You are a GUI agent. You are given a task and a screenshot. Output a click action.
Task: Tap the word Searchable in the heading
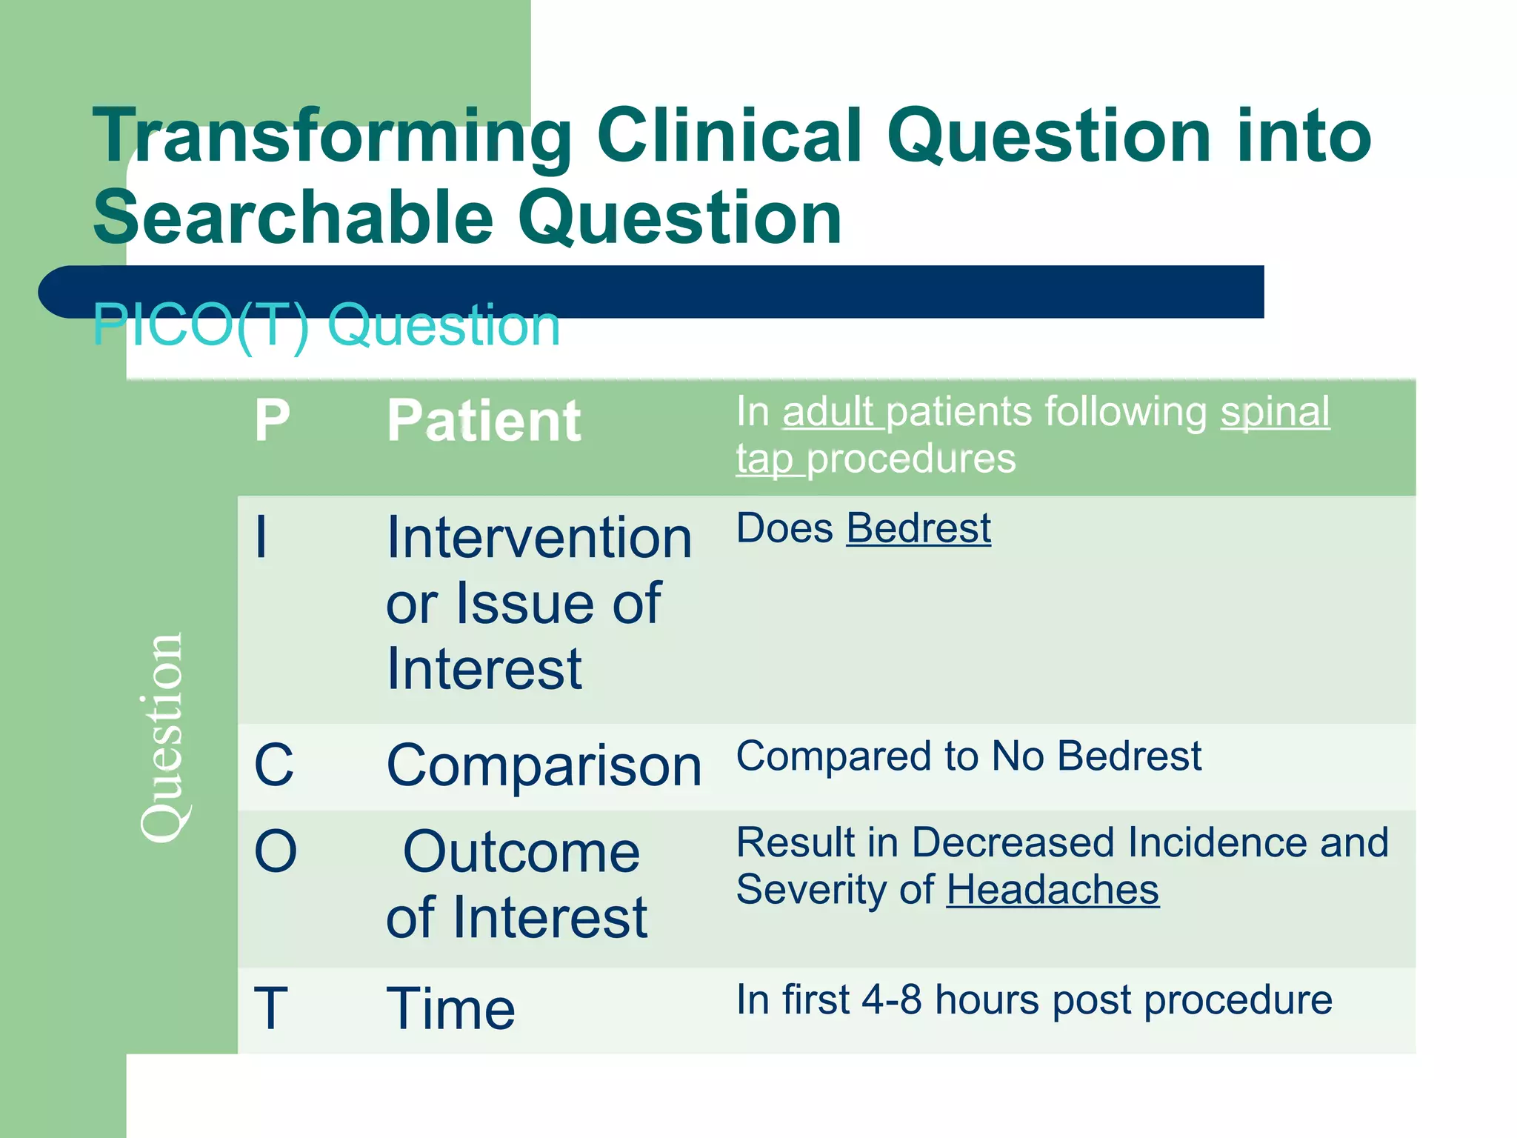tap(293, 218)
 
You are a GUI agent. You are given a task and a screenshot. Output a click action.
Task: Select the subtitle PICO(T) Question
tap(326, 326)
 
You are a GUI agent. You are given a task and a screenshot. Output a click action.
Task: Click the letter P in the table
tap(272, 421)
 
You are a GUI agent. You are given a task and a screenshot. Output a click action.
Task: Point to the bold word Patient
tap(484, 421)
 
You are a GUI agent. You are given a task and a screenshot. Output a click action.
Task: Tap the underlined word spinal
tap(1275, 412)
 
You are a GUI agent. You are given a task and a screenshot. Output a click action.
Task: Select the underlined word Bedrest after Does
tap(918, 529)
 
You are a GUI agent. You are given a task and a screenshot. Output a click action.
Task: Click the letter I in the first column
tap(261, 538)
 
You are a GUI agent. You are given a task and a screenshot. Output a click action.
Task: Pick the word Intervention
tap(539, 538)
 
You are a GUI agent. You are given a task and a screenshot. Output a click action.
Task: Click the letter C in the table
tap(273, 765)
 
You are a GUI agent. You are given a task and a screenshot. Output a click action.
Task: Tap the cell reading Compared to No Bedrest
tap(968, 757)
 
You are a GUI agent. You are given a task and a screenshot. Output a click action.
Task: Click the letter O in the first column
tap(276, 852)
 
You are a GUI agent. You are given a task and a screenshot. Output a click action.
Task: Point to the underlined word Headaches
tap(1053, 890)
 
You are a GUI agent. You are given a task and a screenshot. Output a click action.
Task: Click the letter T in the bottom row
tap(270, 1008)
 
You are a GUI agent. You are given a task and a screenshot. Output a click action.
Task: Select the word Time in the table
tap(450, 1008)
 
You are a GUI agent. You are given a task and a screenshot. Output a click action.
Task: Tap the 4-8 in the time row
tap(892, 1000)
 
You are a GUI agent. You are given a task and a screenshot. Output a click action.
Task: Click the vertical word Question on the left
tap(161, 737)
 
